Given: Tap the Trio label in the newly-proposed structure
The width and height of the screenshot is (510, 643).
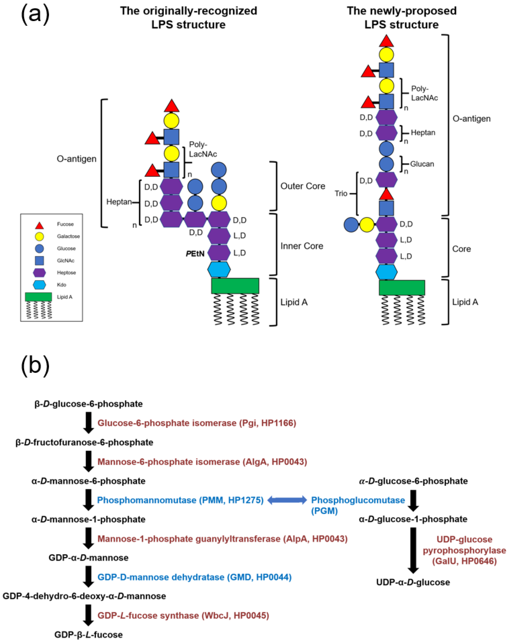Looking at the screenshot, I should coord(341,193).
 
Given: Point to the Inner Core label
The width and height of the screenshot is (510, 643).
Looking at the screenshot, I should coord(302,246).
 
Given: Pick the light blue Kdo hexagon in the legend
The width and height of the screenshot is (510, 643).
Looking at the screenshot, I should coord(39,285).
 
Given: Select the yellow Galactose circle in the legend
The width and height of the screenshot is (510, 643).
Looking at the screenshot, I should coord(39,236).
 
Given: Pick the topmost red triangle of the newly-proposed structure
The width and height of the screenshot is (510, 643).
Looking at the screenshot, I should coord(386,41).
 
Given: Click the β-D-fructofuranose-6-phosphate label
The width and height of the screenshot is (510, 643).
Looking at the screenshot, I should coord(84,442).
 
